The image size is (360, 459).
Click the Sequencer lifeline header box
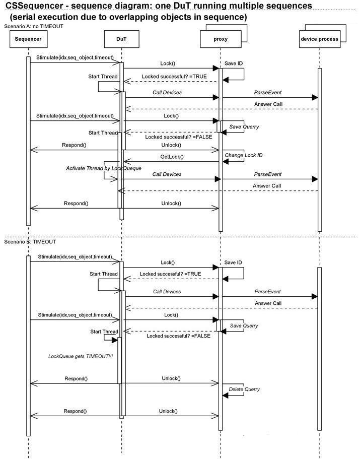(x=28, y=39)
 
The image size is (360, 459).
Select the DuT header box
(x=121, y=39)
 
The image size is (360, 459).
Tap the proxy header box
(x=221, y=39)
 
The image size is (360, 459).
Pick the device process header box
(x=320, y=39)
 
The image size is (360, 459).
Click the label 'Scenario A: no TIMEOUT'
(x=34, y=26)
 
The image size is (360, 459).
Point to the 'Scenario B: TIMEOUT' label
(x=30, y=242)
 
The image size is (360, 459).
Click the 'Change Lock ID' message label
(x=244, y=155)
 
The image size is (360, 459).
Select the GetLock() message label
(x=172, y=157)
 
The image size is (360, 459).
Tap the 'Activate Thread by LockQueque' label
(x=104, y=168)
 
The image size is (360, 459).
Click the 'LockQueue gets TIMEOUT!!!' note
(x=81, y=356)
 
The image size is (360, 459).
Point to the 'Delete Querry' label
(x=244, y=389)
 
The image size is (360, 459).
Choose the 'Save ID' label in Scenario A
(x=234, y=63)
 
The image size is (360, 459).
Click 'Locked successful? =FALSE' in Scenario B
(x=178, y=336)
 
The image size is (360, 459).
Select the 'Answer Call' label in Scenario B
(x=268, y=303)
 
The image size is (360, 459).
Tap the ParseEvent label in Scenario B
(x=267, y=292)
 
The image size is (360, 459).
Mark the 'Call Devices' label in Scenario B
(x=167, y=292)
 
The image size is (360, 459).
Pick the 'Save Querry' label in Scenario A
(x=244, y=127)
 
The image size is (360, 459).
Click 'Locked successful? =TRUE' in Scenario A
(x=174, y=77)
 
